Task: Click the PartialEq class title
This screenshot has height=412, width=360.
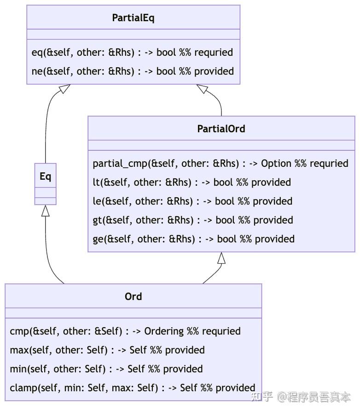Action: (x=133, y=18)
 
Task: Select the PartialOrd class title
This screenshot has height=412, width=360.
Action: (x=221, y=129)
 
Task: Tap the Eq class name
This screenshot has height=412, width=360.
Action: (x=45, y=177)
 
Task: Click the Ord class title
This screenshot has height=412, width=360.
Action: (x=133, y=297)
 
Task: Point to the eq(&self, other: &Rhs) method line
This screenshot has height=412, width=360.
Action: (x=132, y=53)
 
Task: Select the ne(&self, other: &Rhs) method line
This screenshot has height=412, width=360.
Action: (x=133, y=71)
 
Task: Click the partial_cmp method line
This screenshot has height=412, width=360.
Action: (x=220, y=164)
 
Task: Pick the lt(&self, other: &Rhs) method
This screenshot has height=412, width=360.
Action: (x=192, y=182)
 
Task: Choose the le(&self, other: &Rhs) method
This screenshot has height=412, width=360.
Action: (x=192, y=201)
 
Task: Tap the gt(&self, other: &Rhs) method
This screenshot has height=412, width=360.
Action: (x=193, y=220)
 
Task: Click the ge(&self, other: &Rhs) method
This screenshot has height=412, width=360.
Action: (x=193, y=239)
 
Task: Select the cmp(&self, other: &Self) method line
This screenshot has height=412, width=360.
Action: (x=125, y=331)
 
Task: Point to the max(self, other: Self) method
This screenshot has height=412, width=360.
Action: (x=107, y=350)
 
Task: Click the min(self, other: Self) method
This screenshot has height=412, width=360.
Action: (x=106, y=369)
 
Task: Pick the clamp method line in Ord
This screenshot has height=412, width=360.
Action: (x=132, y=388)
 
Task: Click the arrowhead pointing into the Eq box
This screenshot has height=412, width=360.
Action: (x=45, y=211)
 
